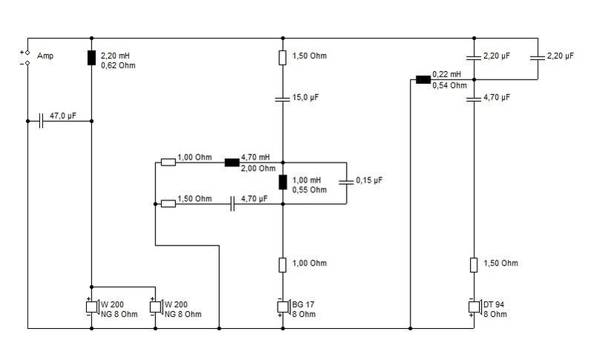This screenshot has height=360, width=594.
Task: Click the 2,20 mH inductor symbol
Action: click(91, 58)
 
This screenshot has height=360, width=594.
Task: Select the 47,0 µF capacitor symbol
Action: click(41, 121)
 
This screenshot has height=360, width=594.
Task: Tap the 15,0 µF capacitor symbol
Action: click(283, 99)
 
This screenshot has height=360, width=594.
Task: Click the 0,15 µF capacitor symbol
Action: click(346, 183)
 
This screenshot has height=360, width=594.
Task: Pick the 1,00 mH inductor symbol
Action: click(283, 183)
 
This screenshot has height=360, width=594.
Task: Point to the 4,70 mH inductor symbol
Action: click(232, 163)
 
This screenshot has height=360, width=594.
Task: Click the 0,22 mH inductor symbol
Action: click(423, 79)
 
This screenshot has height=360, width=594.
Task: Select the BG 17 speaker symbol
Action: click(284, 307)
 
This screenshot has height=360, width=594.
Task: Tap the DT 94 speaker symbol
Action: click(474, 307)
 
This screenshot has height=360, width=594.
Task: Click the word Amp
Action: click(45, 56)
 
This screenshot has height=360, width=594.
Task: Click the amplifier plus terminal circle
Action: click(27, 53)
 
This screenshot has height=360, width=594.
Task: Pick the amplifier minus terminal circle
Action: click(27, 63)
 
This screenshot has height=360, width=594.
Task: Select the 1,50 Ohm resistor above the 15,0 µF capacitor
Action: click(283, 58)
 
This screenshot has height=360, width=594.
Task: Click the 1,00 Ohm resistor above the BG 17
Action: click(283, 265)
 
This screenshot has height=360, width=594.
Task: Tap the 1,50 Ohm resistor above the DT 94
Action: click(474, 265)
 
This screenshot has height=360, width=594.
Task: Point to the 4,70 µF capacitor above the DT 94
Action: click(474, 99)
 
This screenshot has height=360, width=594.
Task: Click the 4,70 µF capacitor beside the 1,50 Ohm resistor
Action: click(232, 204)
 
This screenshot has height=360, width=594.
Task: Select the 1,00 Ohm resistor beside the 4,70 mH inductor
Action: click(169, 163)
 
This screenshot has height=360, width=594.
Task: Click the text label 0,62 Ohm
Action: click(118, 65)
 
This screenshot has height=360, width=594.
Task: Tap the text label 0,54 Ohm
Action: click(450, 85)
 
